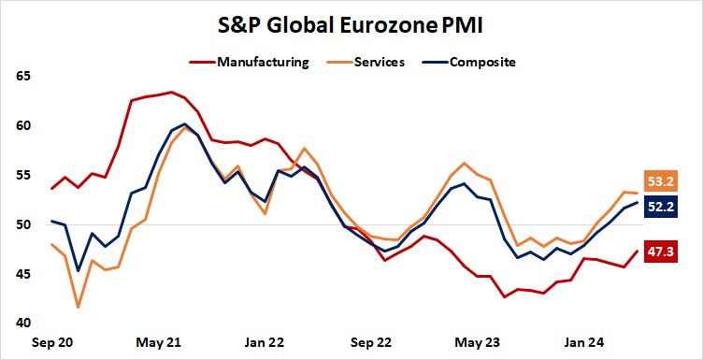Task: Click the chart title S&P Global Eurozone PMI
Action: pyautogui.click(x=351, y=22)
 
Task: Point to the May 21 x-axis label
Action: pyautogui.click(x=159, y=342)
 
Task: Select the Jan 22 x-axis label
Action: pyautogui.click(x=265, y=342)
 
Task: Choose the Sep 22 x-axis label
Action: pyautogui.click(x=372, y=342)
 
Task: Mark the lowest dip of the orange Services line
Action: pyautogui.click(x=78, y=307)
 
